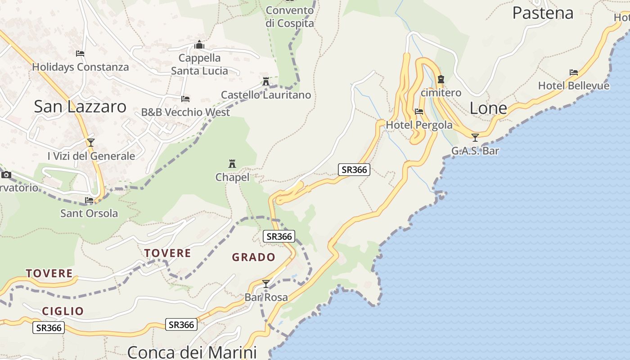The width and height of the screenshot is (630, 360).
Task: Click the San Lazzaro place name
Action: tap(80, 107)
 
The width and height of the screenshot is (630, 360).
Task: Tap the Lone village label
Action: tap(488, 108)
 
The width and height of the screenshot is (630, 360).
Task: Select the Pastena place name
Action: tap(543, 13)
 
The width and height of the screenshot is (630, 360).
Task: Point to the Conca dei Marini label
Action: tap(192, 352)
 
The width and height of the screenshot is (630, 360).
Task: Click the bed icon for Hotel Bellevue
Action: tap(573, 72)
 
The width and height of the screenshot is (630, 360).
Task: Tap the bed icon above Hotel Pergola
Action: tap(419, 111)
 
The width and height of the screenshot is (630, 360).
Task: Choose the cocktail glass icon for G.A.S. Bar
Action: tap(475, 137)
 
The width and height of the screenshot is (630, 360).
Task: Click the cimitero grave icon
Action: tap(441, 80)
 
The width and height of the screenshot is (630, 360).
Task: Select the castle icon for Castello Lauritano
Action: tap(265, 81)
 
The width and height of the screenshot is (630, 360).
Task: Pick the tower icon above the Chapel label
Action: tap(232, 163)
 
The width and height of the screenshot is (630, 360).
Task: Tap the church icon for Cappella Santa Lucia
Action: tap(199, 45)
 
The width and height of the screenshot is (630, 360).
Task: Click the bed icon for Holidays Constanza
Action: tap(80, 53)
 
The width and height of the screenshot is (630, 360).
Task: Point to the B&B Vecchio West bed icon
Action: tap(185, 99)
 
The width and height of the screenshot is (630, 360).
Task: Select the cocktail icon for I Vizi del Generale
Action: tap(91, 143)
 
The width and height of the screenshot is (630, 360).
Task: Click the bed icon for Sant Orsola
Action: tap(89, 200)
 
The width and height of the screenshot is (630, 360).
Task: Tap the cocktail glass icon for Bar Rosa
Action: tap(266, 283)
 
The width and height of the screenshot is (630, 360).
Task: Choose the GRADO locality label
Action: tap(253, 257)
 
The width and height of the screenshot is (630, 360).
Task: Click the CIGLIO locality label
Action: tap(63, 311)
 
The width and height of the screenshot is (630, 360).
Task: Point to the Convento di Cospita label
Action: tap(289, 17)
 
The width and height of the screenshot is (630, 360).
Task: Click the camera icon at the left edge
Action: tap(6, 175)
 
